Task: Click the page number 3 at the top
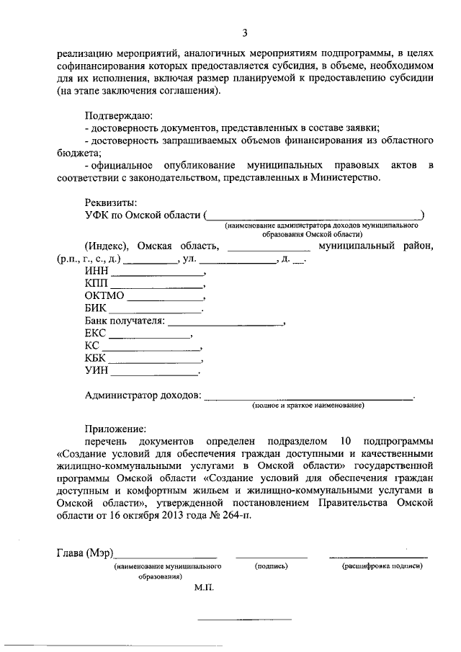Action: coord(244,32)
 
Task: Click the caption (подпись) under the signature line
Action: coord(272,567)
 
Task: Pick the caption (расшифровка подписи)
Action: coord(382,567)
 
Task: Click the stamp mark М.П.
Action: coord(204,588)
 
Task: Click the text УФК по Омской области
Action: coord(143,214)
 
